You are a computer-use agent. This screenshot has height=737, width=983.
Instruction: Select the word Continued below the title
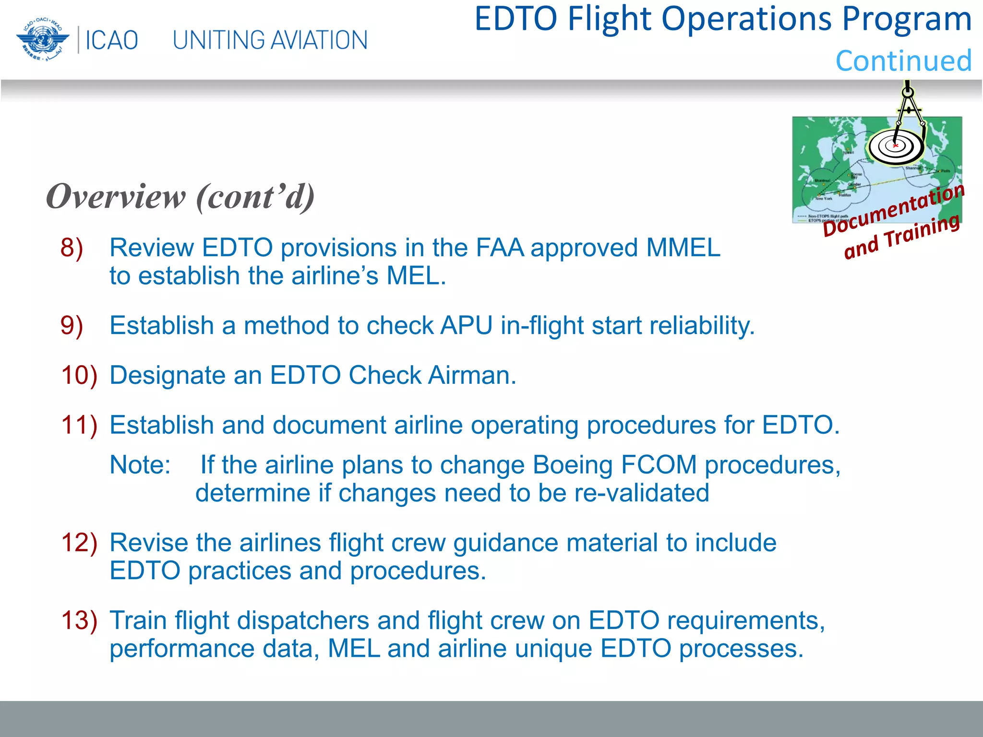click(x=903, y=61)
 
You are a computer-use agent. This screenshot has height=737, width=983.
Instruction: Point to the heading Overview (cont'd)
click(x=180, y=197)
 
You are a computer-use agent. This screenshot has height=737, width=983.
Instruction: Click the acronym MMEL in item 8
click(x=683, y=248)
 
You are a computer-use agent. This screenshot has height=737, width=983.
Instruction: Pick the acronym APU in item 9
click(x=467, y=326)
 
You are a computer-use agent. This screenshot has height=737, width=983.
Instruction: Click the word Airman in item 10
click(x=472, y=375)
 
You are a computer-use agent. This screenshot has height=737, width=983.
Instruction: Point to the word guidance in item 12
click(x=505, y=543)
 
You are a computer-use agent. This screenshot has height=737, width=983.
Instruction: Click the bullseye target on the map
click(x=895, y=146)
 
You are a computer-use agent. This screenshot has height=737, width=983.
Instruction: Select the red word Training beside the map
click(x=922, y=231)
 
